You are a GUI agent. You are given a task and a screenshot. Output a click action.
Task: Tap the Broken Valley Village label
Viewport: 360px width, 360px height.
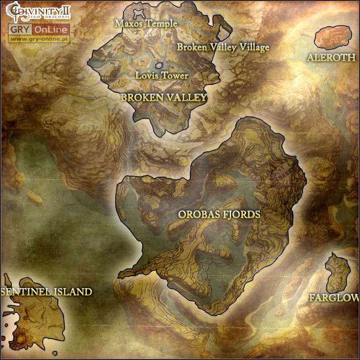(x=223, y=47)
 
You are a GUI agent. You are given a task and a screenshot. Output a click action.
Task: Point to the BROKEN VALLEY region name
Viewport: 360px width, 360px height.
(x=164, y=97)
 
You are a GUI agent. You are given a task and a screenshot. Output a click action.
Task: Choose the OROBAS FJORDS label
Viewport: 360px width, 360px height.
(x=219, y=214)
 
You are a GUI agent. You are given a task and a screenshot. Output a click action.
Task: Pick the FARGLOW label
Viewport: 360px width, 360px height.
(x=334, y=298)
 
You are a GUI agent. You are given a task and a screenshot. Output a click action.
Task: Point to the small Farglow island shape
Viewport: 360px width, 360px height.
(x=338, y=272)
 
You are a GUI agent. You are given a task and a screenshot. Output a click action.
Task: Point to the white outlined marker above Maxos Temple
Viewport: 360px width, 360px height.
(x=139, y=11)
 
